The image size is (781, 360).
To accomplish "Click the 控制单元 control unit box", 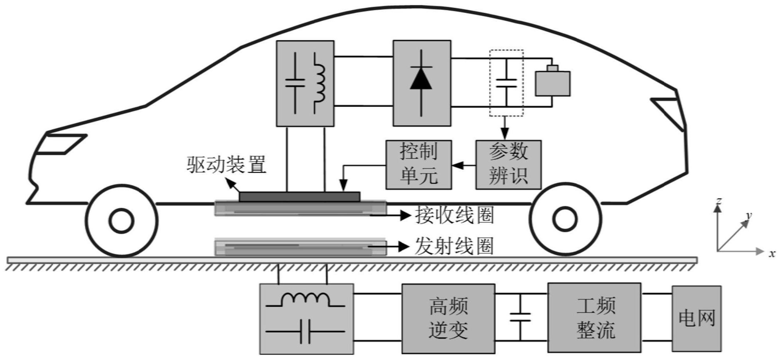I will pyautogui.click(x=418, y=165).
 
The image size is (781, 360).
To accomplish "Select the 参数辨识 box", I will pyautogui.click(x=508, y=165).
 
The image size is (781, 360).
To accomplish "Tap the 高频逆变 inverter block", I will pyautogui.click(x=448, y=318).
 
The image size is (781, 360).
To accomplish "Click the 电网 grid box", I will pyautogui.click(x=696, y=318).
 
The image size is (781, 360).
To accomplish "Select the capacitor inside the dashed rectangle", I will pyautogui.click(x=506, y=82).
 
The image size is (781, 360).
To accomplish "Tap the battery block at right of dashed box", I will pyautogui.click(x=552, y=82).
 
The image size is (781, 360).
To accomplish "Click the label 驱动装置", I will pyautogui.click(x=226, y=165).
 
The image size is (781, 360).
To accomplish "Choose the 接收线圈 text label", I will pyautogui.click(x=454, y=215).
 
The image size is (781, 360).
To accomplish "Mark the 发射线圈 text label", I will pyautogui.click(x=454, y=247).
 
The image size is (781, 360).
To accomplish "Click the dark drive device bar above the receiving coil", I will pyautogui.click(x=299, y=197).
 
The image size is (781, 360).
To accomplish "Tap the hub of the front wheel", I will pyautogui.click(x=121, y=221).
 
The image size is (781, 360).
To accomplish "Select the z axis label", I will pyautogui.click(x=718, y=201).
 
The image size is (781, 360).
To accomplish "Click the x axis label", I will pyautogui.click(x=772, y=254).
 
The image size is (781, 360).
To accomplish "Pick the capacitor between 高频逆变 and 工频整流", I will pyautogui.click(x=520, y=317).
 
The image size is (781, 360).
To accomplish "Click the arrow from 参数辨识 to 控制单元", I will pyautogui.click(x=463, y=165).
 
